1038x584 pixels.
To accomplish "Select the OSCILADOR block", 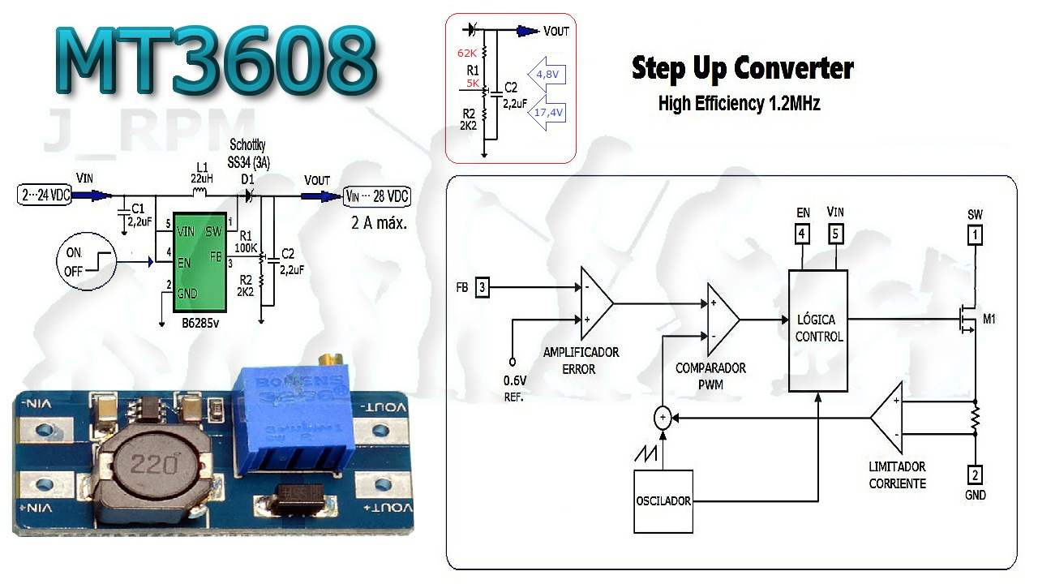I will click(663, 500).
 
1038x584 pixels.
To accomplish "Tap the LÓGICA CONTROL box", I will click(819, 330).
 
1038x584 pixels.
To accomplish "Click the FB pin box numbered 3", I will click(483, 287).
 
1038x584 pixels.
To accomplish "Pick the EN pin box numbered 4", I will click(802, 235).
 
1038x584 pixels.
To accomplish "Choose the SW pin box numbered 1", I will click(975, 235).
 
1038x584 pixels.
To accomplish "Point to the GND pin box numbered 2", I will click(975, 474).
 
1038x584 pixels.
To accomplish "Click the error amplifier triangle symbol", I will click(595, 303).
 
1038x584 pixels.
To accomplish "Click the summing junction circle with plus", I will click(663, 418).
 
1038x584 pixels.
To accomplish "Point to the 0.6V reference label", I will click(515, 381).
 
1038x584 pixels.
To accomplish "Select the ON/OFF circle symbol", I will click(85, 261).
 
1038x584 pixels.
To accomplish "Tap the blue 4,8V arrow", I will click(547, 74).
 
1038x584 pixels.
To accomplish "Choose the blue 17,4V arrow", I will click(547, 113).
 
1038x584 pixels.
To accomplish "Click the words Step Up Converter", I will click(742, 68).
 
